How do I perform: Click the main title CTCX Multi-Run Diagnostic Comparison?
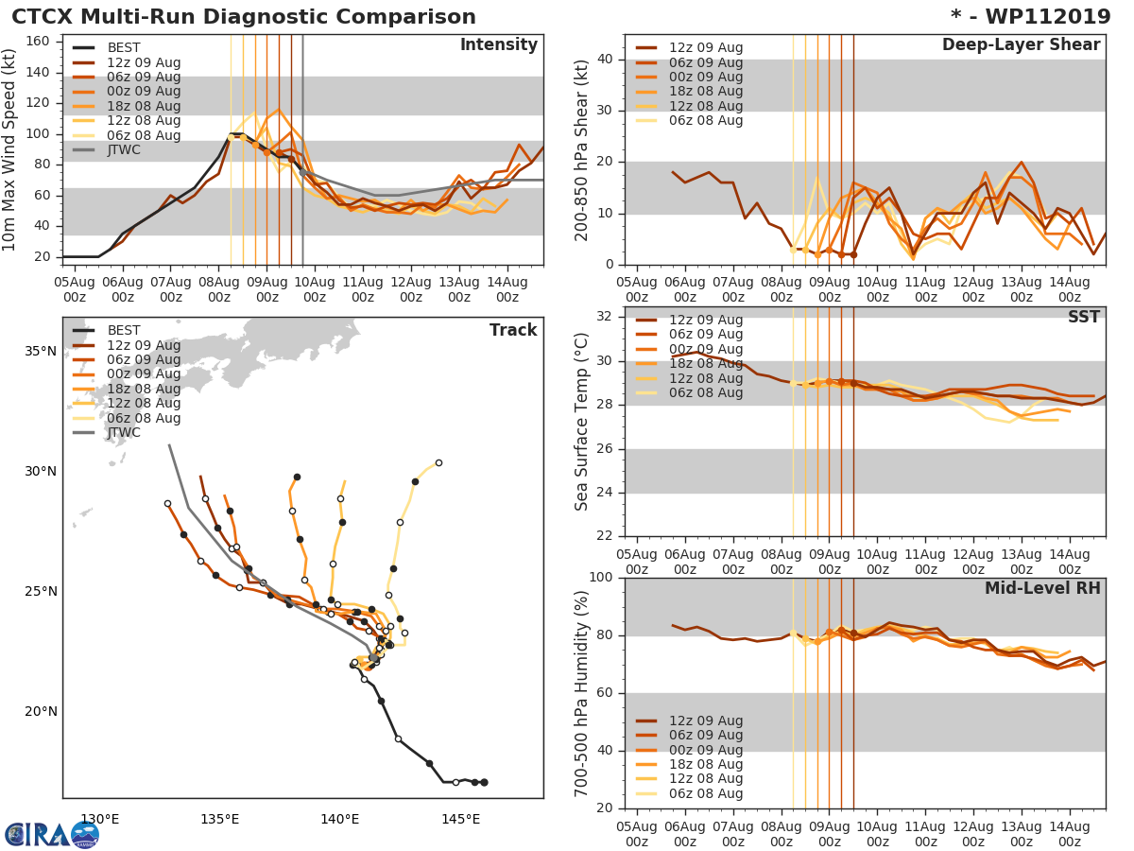pos(244,17)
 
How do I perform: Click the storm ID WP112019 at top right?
pos(1031,17)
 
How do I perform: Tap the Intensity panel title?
pos(498,45)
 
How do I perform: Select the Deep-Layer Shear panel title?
pos(1021,45)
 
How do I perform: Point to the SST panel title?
pos(1084,318)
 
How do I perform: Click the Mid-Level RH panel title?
pos(1042,589)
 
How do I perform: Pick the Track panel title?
pos(513,330)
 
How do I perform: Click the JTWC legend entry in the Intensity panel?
pos(123,150)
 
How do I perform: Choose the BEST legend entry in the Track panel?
pos(123,331)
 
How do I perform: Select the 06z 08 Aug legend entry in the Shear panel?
pos(705,121)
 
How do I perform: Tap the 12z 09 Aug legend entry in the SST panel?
pos(705,321)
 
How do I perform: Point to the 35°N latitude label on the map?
pos(42,352)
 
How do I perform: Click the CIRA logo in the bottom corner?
pos(51,834)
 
